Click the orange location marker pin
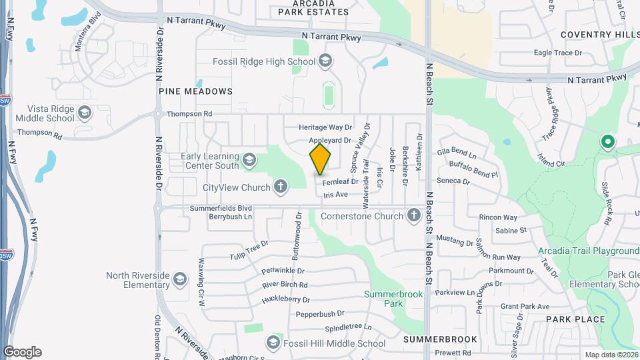[x=320, y=159]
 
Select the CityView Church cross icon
[x=281, y=187]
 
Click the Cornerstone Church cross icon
[x=414, y=215]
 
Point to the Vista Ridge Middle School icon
[x=85, y=113]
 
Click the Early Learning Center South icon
[x=249, y=159]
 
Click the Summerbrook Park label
[x=384, y=298]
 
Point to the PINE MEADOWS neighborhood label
[x=195, y=91]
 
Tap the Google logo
[x=22, y=352]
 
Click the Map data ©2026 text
[x=611, y=355]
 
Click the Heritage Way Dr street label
[x=325, y=127]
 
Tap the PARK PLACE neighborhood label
[x=575, y=319]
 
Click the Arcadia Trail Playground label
[x=589, y=251]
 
